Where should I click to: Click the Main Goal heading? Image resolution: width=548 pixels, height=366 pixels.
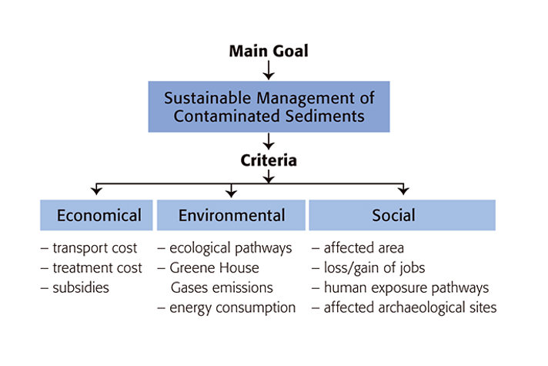pyautogui.click(x=269, y=51)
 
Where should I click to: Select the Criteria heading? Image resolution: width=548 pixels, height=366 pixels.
pyautogui.click(x=269, y=160)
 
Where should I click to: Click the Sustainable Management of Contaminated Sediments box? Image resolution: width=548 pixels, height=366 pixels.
pyautogui.click(x=269, y=107)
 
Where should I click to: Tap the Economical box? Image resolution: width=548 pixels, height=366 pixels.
pyautogui.click(x=96, y=215)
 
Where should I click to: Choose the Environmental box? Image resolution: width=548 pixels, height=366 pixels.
pyautogui.click(x=231, y=215)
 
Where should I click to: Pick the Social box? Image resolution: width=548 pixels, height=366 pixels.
pyautogui.click(x=403, y=215)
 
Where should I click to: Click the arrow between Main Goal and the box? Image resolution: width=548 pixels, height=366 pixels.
pyautogui.click(x=269, y=70)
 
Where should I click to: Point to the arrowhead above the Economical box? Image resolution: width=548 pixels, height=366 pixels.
pyautogui.click(x=96, y=191)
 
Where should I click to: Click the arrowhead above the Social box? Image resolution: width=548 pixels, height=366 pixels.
pyautogui.click(x=403, y=191)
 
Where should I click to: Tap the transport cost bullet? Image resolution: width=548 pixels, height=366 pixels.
pyautogui.click(x=89, y=248)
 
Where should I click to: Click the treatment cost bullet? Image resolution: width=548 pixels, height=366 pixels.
pyautogui.click(x=92, y=268)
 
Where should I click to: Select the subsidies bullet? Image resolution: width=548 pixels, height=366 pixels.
pyautogui.click(x=75, y=288)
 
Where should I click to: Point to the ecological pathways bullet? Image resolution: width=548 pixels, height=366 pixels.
pyautogui.click(x=225, y=248)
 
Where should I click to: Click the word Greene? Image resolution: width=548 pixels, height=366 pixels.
pyautogui.click(x=191, y=268)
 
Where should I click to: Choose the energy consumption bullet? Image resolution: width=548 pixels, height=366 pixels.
pyautogui.click(x=226, y=308)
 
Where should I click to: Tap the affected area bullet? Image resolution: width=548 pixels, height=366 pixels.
pyautogui.click(x=358, y=248)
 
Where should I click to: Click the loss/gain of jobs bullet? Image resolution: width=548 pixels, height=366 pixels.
pyautogui.click(x=369, y=268)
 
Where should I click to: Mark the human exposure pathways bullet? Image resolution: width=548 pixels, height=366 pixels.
pyautogui.click(x=400, y=288)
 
